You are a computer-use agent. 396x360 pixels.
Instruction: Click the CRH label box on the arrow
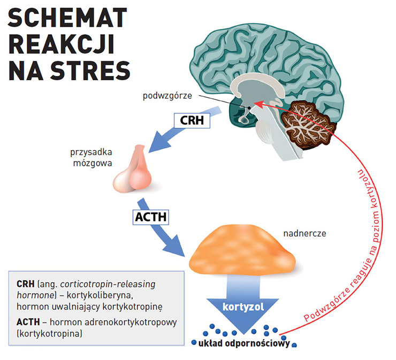192,121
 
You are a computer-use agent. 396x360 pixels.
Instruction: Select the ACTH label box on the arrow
151,218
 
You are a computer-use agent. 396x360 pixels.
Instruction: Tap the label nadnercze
304,234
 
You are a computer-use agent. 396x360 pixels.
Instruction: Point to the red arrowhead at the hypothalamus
257,103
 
